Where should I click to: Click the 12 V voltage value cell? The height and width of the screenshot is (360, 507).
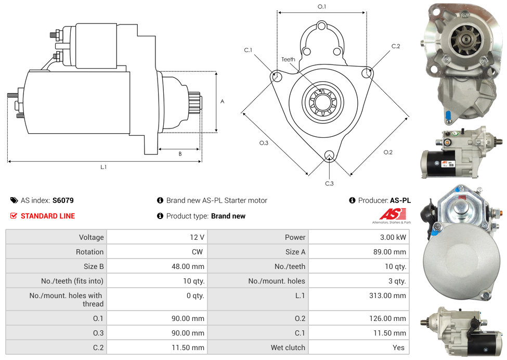197,237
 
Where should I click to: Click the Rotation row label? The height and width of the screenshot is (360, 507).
89,252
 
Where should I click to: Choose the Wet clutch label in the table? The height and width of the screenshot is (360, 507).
288,348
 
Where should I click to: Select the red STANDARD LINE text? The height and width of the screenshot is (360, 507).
48,216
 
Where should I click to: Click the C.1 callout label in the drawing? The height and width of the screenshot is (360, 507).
248,50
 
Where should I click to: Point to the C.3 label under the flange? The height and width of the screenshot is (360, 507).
329,183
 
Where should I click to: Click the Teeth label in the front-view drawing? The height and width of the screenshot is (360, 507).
288,59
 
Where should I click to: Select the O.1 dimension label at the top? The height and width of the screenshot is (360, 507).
322,7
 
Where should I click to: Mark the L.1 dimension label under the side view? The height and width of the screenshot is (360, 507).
103,167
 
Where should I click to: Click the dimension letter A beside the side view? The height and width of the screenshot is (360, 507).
223,101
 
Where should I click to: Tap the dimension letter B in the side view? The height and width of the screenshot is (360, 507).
180,154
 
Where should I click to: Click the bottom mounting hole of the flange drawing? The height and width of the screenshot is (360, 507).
329,156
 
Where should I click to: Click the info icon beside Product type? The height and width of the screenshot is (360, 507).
160,216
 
